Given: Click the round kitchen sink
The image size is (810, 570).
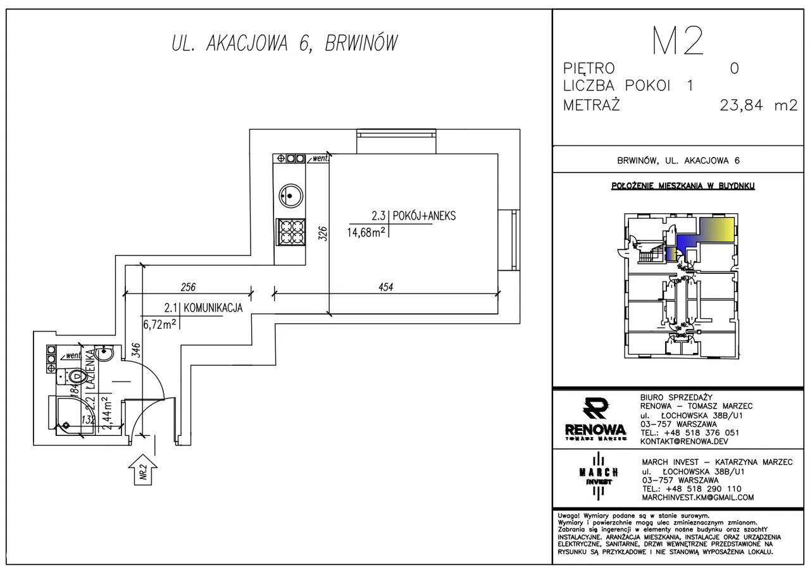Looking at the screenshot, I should pos(290,194).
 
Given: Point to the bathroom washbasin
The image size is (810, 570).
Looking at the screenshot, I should pos(106,354).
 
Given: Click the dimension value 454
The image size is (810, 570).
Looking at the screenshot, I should pos(386,287).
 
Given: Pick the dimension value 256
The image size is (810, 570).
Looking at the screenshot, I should pos(187,287).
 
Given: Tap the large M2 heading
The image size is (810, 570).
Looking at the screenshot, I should pos(678,42).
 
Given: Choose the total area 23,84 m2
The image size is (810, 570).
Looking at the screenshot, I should pos(758,106).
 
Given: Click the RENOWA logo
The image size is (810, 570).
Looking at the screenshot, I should pos(595,419).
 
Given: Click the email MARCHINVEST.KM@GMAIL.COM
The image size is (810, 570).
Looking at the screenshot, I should pos(697,497).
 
